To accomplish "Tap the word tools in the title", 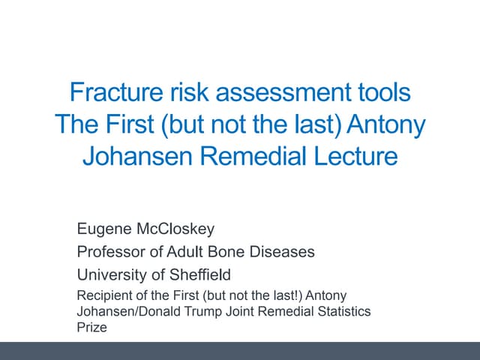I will pos(382,92).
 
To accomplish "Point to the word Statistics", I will pos(346,311).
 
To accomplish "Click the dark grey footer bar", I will pos(240,350).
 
